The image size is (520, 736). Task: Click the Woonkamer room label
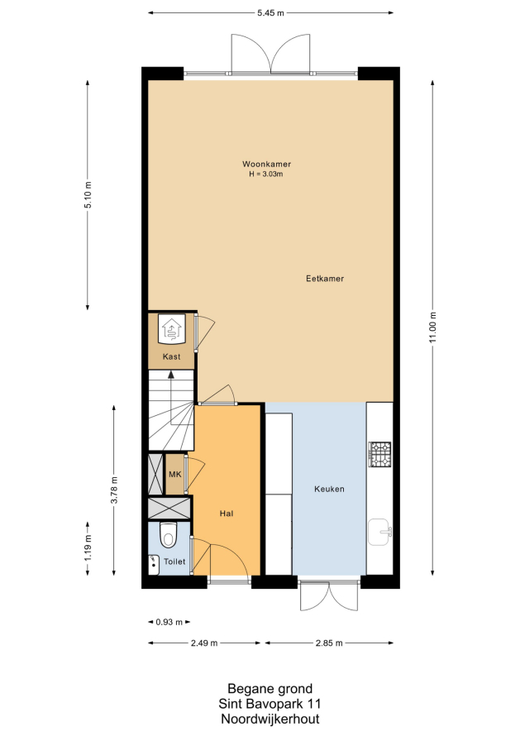pos(266,164)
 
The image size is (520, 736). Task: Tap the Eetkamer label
pos(325,279)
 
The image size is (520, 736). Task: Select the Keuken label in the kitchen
pos(329,489)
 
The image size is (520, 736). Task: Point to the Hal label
pos(227,514)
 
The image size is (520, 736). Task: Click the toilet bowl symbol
pos(167,535)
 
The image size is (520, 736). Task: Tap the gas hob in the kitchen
pos(379,454)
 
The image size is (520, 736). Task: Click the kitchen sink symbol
pos(379,532)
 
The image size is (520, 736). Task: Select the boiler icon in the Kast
pos(172,328)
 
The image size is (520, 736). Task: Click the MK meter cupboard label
pos(174,475)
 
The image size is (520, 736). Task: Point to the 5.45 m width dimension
pos(270,13)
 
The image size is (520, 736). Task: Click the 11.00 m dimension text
pos(432,327)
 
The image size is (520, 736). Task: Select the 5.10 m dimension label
pos(88,195)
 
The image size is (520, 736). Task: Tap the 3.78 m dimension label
pos(114,490)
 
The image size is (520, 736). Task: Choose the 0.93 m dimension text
pos(169,622)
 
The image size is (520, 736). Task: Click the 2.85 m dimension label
pos(329,643)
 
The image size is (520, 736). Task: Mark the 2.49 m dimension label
pos(204,643)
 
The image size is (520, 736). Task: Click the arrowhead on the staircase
pos(171,375)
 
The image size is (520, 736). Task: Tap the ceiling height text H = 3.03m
pos(266,174)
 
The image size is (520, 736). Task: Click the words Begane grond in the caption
pos(270,689)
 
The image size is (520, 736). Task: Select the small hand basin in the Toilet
pos(154,565)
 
